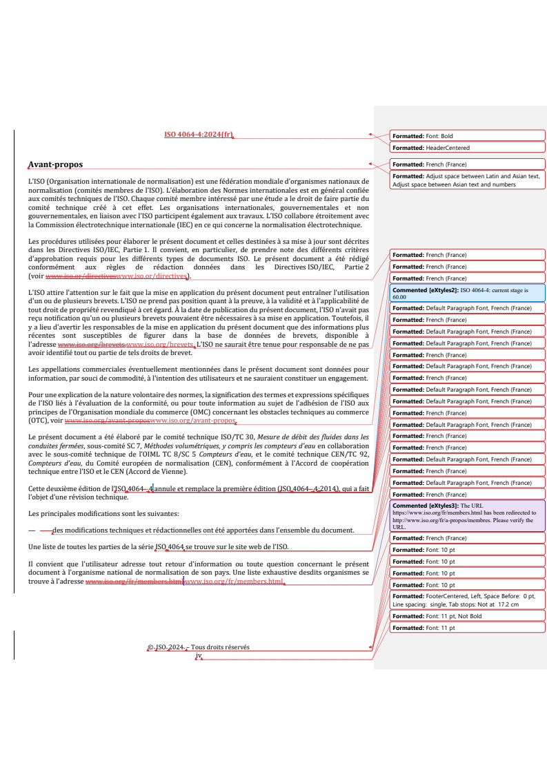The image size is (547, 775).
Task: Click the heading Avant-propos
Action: pos(55,164)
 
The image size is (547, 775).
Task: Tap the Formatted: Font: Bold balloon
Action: pos(468,136)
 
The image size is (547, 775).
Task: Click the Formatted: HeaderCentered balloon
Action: pos(468,148)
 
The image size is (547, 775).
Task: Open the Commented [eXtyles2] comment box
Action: pos(468,293)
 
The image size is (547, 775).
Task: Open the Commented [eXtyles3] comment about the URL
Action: pos(468,516)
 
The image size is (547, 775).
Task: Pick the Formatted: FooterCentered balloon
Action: pos(468,600)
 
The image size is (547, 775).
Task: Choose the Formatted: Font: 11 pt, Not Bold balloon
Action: pos(468,616)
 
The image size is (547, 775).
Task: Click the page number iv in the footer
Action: pos(199,655)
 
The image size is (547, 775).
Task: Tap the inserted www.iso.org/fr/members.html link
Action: pos(235,582)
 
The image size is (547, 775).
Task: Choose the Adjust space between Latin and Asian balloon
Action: pos(468,180)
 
